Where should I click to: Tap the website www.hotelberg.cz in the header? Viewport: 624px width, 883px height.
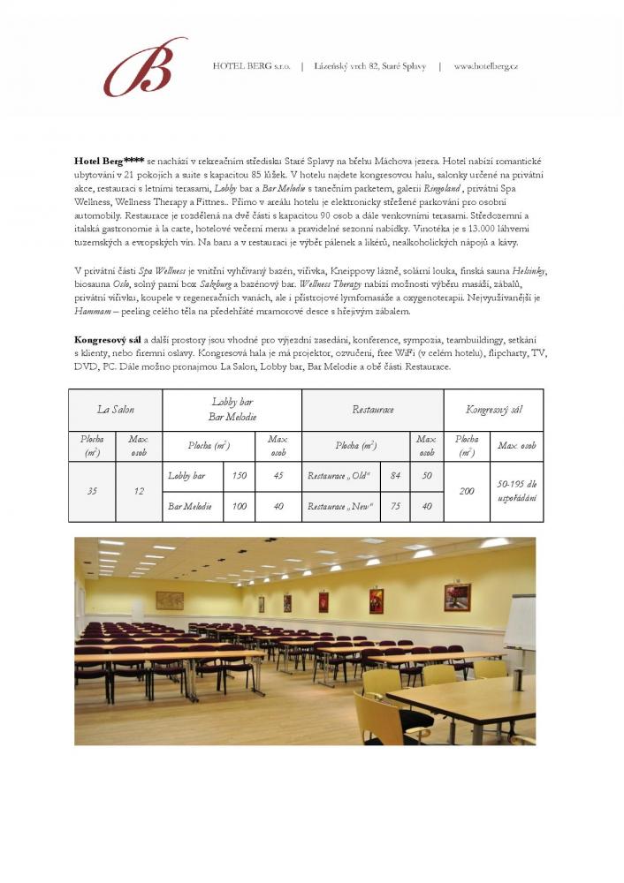point(485,66)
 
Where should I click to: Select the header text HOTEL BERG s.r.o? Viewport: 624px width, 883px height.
point(252,66)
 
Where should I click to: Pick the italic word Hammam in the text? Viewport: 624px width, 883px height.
point(92,313)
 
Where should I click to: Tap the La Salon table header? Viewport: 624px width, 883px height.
point(115,410)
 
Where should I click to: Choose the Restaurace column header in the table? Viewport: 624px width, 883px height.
point(372,410)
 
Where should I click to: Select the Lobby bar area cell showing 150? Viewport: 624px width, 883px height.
point(239,476)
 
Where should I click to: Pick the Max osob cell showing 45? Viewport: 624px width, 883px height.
point(278,476)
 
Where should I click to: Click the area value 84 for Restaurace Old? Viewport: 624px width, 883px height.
point(395,476)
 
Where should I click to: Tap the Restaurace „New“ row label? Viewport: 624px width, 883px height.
point(340,506)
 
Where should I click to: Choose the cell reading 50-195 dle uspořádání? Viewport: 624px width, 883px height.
point(517,491)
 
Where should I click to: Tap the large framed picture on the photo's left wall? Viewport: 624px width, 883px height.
point(169,600)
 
